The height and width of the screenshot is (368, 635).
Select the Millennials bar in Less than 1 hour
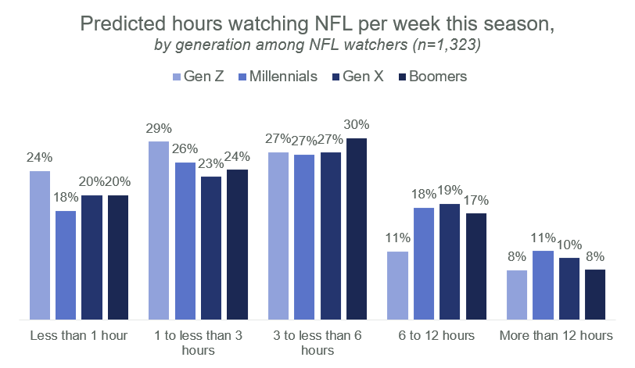coord(66,266)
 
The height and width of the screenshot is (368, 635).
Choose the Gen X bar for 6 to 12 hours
coord(450,262)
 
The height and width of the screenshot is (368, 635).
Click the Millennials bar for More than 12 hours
coord(544,285)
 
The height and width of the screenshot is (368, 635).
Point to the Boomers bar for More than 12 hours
coord(595,295)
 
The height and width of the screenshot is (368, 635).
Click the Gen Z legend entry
coord(199,77)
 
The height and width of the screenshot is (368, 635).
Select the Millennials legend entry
coord(278,77)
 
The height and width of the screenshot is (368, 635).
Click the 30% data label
coord(357,125)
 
